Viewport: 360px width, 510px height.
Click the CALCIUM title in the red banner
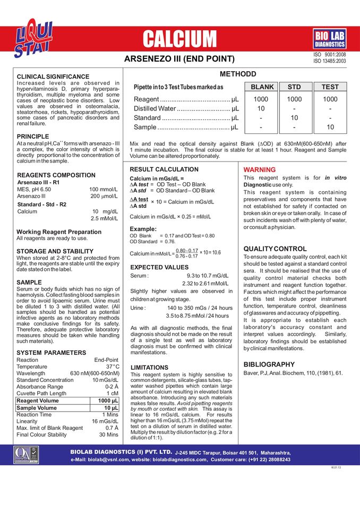[x=180, y=39]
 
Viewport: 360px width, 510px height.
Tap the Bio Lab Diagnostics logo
[x=329, y=39]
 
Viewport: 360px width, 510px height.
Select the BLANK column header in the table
[x=262, y=87]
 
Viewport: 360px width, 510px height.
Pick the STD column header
[x=294, y=87]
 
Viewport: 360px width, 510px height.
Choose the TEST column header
[x=330, y=87]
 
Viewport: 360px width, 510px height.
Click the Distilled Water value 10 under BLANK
[x=261, y=108]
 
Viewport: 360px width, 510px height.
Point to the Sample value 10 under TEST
[x=330, y=127]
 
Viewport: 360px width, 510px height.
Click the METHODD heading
[x=238, y=74]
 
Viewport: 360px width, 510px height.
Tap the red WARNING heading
[x=260, y=169]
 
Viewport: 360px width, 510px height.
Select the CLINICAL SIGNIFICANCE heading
[x=53, y=76]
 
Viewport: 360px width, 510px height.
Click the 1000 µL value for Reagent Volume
[x=108, y=401]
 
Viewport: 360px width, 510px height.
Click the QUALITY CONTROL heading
[x=275, y=249]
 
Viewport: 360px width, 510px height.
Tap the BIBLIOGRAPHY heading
[x=269, y=364]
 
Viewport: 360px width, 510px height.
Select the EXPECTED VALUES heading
[x=159, y=267]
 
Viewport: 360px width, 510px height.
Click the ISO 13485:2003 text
[x=330, y=61]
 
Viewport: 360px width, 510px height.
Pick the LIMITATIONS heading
[x=149, y=368]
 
